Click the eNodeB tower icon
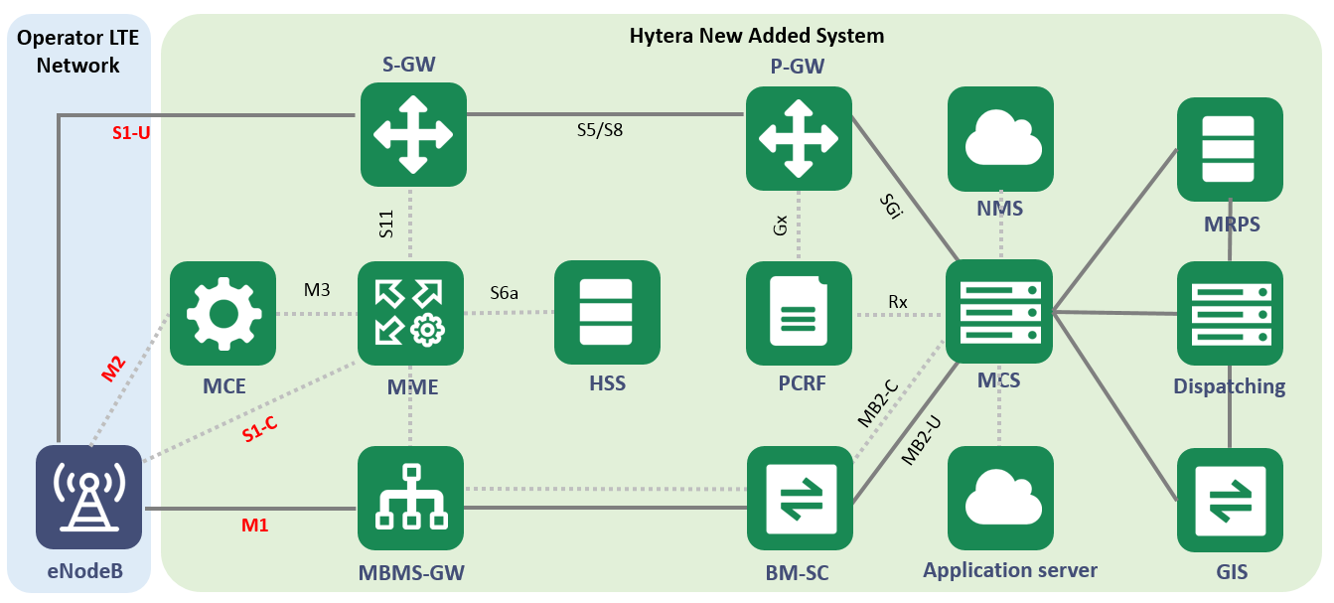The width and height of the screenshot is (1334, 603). pyautogui.click(x=88, y=497)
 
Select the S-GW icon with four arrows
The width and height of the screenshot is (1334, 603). pyautogui.click(x=412, y=134)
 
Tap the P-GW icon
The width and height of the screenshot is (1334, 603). pyautogui.click(x=799, y=138)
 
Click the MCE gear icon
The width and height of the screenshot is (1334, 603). pyautogui.click(x=222, y=313)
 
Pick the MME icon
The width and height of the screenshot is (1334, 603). pyautogui.click(x=410, y=313)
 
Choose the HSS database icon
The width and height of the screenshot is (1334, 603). pyautogui.click(x=607, y=313)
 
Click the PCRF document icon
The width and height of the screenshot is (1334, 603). pyautogui.click(x=799, y=313)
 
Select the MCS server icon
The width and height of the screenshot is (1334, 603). pyautogui.click(x=998, y=311)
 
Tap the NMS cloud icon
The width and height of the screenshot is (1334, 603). pyautogui.click(x=999, y=138)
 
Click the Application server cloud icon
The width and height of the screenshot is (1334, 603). pyautogui.click(x=999, y=498)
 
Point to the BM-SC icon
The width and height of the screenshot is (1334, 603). pyautogui.click(x=799, y=498)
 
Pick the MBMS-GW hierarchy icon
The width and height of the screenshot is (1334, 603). pyautogui.click(x=410, y=498)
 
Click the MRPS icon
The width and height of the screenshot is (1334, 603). pyautogui.click(x=1230, y=149)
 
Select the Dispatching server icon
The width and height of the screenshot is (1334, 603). pyautogui.click(x=1230, y=313)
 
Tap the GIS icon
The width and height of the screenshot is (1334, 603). pyautogui.click(x=1230, y=500)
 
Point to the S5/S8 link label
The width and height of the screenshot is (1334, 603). pyautogui.click(x=600, y=129)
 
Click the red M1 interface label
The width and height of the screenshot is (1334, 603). pyautogui.click(x=255, y=526)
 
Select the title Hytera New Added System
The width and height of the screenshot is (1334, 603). pyautogui.click(x=756, y=36)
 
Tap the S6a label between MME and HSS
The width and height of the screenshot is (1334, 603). pyautogui.click(x=504, y=294)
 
